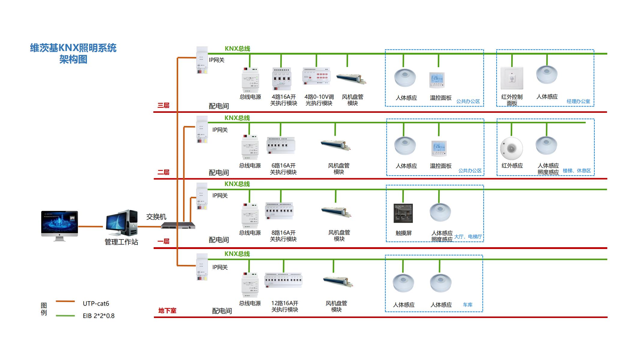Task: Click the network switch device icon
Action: tap(178, 226)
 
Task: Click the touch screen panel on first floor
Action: tap(403, 213)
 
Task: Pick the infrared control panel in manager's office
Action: tap(512, 78)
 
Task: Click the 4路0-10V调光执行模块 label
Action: tap(319, 100)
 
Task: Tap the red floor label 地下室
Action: tap(167, 310)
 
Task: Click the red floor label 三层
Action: tap(164, 105)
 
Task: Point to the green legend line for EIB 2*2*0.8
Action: tap(65, 316)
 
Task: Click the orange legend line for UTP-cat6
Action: tap(65, 301)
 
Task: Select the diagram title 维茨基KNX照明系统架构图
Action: tap(73, 53)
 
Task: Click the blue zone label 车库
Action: tap(467, 305)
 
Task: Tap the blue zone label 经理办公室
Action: tap(578, 101)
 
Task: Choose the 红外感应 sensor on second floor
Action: tap(512, 148)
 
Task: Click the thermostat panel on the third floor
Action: tap(437, 80)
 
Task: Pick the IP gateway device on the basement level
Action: tap(202, 267)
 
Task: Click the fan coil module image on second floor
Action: tap(335, 145)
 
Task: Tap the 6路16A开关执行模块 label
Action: tap(283, 169)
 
